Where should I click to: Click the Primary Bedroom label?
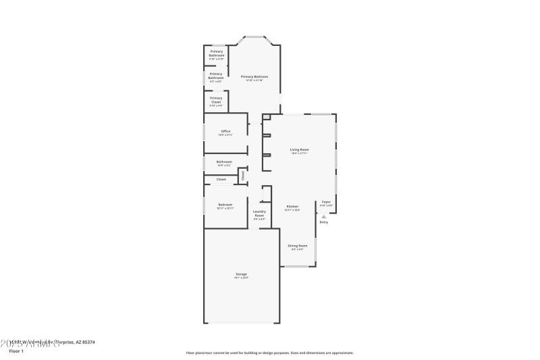coord(254,77)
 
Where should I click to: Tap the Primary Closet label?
coord(216,98)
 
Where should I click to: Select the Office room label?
coord(225,131)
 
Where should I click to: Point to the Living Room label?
coord(299,149)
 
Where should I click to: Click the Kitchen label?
coord(292,206)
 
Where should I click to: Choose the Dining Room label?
coord(298,245)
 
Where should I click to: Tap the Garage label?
coord(241,274)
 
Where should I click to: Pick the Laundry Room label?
coord(259,213)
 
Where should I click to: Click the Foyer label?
coord(326,202)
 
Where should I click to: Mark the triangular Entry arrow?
coord(324,216)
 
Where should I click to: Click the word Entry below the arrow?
coord(324,222)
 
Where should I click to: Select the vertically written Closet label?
coord(242,176)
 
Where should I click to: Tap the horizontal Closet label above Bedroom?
coord(221,179)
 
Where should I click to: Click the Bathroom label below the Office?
coord(224,162)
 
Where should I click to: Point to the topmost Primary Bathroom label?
coord(216,52)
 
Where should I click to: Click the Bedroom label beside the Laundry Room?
coord(225,205)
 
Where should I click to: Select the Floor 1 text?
coord(16,351)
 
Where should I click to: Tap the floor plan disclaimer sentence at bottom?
coord(269,353)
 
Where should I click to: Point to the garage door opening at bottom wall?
coord(242,323)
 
